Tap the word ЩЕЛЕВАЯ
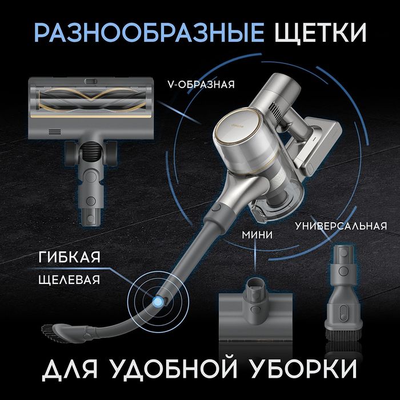(x=66, y=280)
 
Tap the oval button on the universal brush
(x=343, y=309)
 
